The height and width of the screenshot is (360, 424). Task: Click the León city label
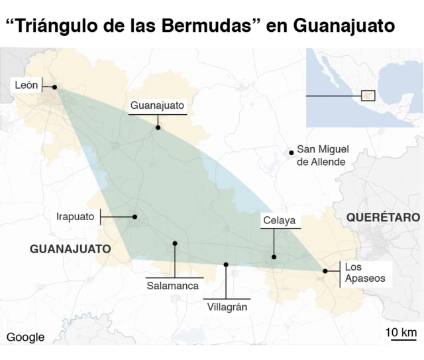[26, 85]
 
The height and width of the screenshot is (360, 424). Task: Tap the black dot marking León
[55, 87]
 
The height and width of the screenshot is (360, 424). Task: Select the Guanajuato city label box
[157, 105]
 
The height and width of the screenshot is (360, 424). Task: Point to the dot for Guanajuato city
[158, 127]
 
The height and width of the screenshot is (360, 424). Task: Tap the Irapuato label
[76, 216]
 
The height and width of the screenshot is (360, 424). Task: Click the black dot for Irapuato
[134, 217]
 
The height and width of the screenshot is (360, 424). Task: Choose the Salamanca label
[173, 285]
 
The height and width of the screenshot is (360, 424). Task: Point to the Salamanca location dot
[175, 243]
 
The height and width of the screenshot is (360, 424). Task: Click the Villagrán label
[227, 307]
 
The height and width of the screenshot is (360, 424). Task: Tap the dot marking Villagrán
[226, 265]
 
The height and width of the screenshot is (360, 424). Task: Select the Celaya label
[278, 221]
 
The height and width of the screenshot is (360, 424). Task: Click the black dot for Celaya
[273, 257]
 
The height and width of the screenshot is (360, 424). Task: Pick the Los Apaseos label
[364, 272]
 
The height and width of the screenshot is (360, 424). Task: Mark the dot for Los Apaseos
[325, 270]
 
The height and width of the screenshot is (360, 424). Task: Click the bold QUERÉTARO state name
[382, 217]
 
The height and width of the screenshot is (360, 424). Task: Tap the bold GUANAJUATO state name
[70, 249]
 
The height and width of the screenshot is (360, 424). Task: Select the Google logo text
[25, 337]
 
